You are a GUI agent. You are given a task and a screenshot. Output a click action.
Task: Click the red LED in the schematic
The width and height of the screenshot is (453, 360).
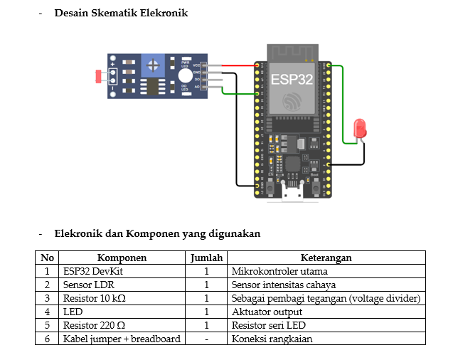pyautogui.click(x=360, y=129)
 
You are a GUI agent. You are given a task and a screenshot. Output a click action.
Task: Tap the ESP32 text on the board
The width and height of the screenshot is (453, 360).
pyautogui.click(x=292, y=79)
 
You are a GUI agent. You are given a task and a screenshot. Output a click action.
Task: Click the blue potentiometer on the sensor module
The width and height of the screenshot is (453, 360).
pyautogui.click(x=151, y=66)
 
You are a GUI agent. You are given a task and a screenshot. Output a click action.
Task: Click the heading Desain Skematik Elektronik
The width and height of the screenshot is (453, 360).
pyautogui.click(x=121, y=14)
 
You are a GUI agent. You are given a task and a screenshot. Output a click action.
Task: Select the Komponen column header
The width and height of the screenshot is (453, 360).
pyautogui.click(x=122, y=258)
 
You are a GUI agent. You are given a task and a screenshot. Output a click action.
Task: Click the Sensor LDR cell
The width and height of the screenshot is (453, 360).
pyautogui.click(x=84, y=285)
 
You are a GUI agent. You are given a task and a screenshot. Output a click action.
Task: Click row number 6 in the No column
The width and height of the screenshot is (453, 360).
pyautogui.click(x=47, y=339)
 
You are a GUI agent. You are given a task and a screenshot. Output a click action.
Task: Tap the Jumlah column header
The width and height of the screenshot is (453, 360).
pyautogui.click(x=206, y=258)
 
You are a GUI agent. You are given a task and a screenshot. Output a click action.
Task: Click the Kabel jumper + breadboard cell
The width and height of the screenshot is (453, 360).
pyautogui.click(x=122, y=339)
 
